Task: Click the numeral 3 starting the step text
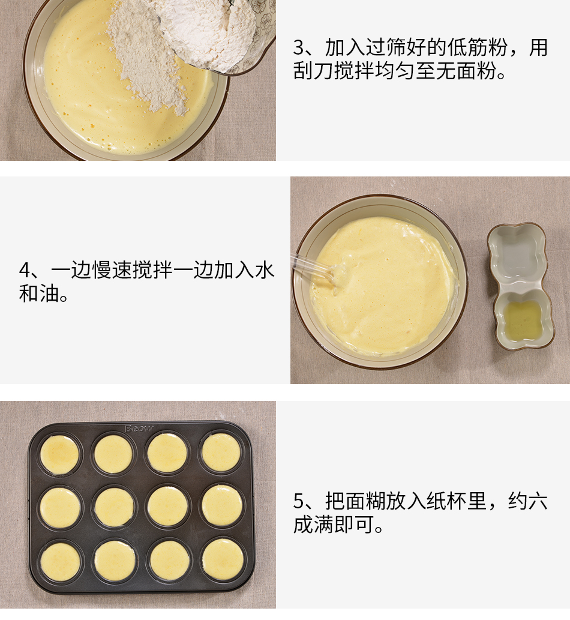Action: (x=299, y=48)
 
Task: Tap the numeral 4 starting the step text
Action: (x=25, y=271)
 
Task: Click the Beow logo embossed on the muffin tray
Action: (x=139, y=428)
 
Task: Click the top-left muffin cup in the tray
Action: (x=59, y=454)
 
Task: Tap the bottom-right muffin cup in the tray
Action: (x=223, y=559)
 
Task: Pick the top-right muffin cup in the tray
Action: (x=221, y=453)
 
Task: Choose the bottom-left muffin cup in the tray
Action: (x=60, y=562)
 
